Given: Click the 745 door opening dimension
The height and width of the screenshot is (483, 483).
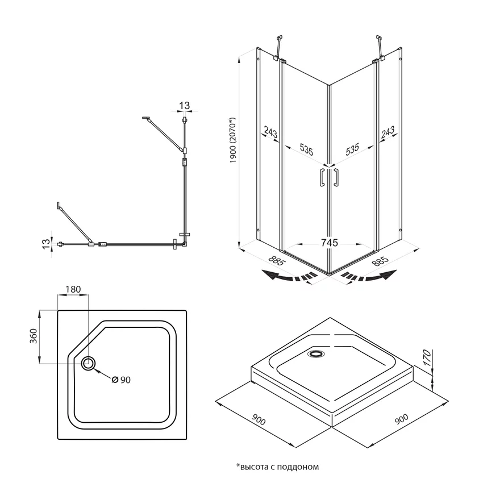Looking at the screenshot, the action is pos(329,243).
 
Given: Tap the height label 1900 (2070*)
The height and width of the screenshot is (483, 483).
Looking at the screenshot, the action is pos(232,140).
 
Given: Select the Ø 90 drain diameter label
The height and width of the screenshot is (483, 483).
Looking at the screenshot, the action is pos(121,380).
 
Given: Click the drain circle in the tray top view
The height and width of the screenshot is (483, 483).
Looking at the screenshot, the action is pos(89,364).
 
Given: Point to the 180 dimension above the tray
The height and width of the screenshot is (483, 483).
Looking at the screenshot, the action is pos(73,289).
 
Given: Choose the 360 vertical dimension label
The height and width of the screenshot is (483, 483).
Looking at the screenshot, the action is pos(34,336).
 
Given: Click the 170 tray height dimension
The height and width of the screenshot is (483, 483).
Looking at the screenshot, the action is pos(427,357).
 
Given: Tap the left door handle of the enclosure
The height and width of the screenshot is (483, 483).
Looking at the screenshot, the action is pos(322,177).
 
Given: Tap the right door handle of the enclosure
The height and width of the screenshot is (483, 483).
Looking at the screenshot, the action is pos(336,177).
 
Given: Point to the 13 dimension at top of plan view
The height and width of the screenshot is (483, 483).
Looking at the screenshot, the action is pos(184,106).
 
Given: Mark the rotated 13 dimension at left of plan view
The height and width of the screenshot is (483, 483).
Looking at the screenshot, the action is pos(45,244).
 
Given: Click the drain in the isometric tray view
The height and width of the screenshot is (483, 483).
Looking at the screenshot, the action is pos(316,354).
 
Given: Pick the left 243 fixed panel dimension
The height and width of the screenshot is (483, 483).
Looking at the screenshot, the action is pos(270,133).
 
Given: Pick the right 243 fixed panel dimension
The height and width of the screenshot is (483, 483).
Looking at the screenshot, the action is pos(388,132).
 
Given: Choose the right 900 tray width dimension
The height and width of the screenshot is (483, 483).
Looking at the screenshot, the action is pos(401,419).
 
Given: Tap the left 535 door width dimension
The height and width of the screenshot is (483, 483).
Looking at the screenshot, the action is pos(306,149).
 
